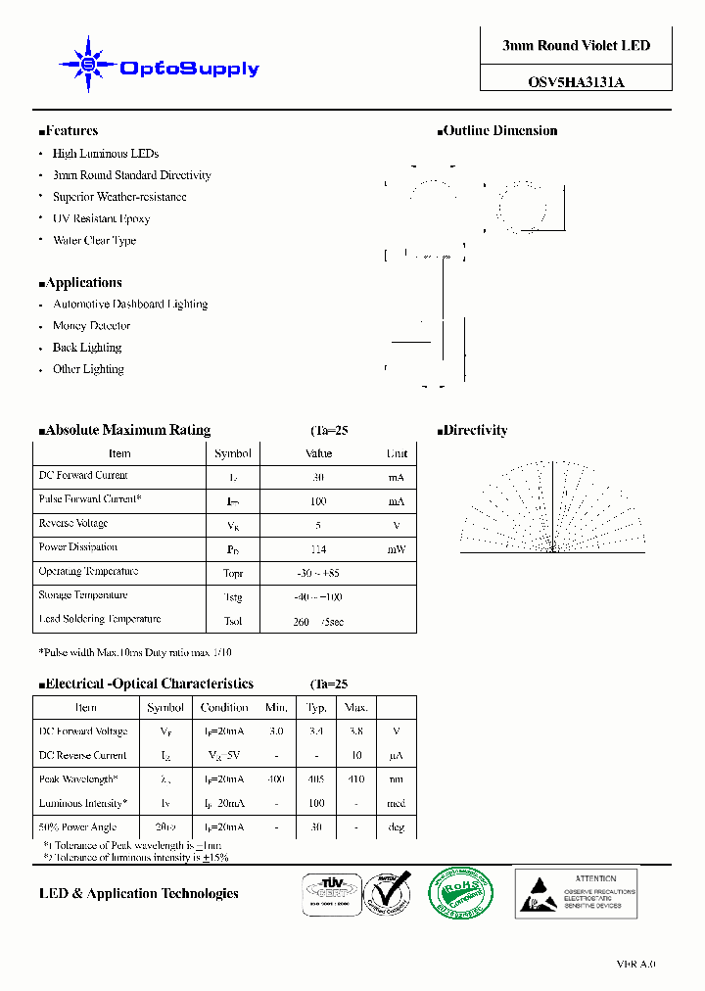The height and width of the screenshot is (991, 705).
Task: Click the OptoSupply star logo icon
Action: [x=88, y=65]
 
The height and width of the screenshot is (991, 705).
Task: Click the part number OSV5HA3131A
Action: [x=576, y=83]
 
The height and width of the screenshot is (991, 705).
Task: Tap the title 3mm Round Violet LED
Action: [x=576, y=46]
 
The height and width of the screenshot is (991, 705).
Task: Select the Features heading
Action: [x=69, y=131]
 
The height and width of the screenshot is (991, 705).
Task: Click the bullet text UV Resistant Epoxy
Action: [x=101, y=218]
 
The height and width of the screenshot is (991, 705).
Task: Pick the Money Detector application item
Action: [x=91, y=326]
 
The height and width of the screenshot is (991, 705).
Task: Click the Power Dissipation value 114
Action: [x=318, y=549]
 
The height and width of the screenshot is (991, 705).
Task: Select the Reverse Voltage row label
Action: [x=73, y=524]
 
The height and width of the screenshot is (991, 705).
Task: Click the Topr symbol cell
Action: [x=233, y=573]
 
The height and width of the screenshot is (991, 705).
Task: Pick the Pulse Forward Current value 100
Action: [x=318, y=501]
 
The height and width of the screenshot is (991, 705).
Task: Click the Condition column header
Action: [x=224, y=707]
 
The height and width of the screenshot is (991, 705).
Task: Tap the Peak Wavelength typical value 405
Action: [x=316, y=779]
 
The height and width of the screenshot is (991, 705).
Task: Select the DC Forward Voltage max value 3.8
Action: [x=355, y=731]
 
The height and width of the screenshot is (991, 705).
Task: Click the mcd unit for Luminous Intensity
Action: [x=396, y=804]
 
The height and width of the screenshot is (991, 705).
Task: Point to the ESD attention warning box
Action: [x=576, y=892]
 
